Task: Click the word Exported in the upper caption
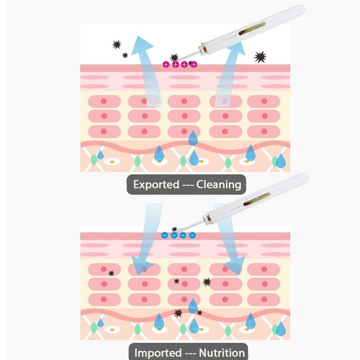[x=156, y=184]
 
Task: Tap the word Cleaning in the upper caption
[x=219, y=184]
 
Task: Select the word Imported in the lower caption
[x=158, y=352]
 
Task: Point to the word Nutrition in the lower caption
[x=222, y=352]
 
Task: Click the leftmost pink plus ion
[x=166, y=64]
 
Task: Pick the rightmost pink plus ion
[x=194, y=64]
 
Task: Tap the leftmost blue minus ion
[x=165, y=235]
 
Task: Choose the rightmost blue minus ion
[x=193, y=235]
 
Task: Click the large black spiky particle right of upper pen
[x=260, y=57]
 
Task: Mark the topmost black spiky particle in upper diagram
[x=117, y=45]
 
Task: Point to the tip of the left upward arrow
[x=138, y=36]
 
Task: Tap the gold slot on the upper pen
[x=252, y=29]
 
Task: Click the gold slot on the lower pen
[x=256, y=199]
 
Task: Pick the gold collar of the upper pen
[x=204, y=49]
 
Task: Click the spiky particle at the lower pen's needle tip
[x=174, y=229]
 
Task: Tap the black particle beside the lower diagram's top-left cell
[x=111, y=273]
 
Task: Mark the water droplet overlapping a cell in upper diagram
[x=193, y=138]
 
